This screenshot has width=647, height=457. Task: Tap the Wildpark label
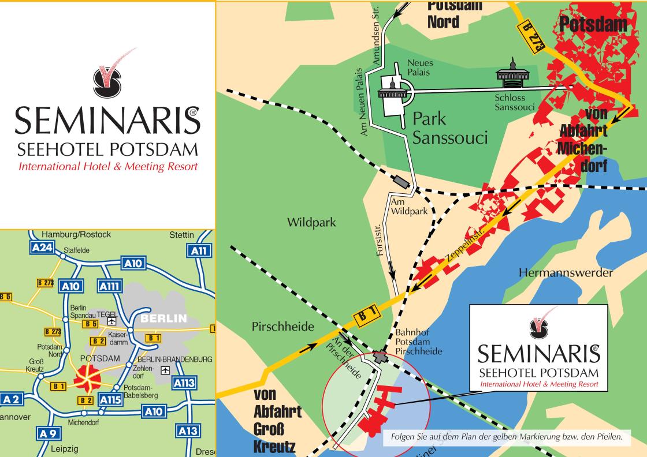point(312,222)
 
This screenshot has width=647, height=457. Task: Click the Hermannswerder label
point(566,273)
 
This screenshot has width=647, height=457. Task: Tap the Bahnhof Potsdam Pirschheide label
point(419,342)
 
